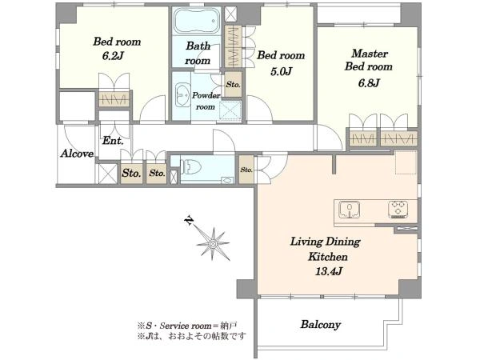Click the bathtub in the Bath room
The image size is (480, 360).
(197, 21)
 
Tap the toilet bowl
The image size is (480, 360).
(190, 167)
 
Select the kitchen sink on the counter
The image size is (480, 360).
(349, 210)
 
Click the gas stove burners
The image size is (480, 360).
(398, 210)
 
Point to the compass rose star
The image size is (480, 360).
(213, 244)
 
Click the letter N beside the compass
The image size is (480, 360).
(190, 221)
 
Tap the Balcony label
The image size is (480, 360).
(321, 325)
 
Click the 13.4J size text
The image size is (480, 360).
(328, 271)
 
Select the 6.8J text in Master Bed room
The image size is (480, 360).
(369, 83)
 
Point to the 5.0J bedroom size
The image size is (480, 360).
(281, 72)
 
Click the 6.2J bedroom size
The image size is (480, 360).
(113, 56)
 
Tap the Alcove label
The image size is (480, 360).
(77, 154)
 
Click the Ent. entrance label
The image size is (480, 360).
(113, 141)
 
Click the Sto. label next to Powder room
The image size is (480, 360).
(233, 85)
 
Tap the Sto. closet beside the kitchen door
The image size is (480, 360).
(246, 170)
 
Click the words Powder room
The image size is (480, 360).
(206, 102)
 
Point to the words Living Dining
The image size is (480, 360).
(325, 242)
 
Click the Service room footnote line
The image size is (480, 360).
(187, 326)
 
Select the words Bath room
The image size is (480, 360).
(198, 54)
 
